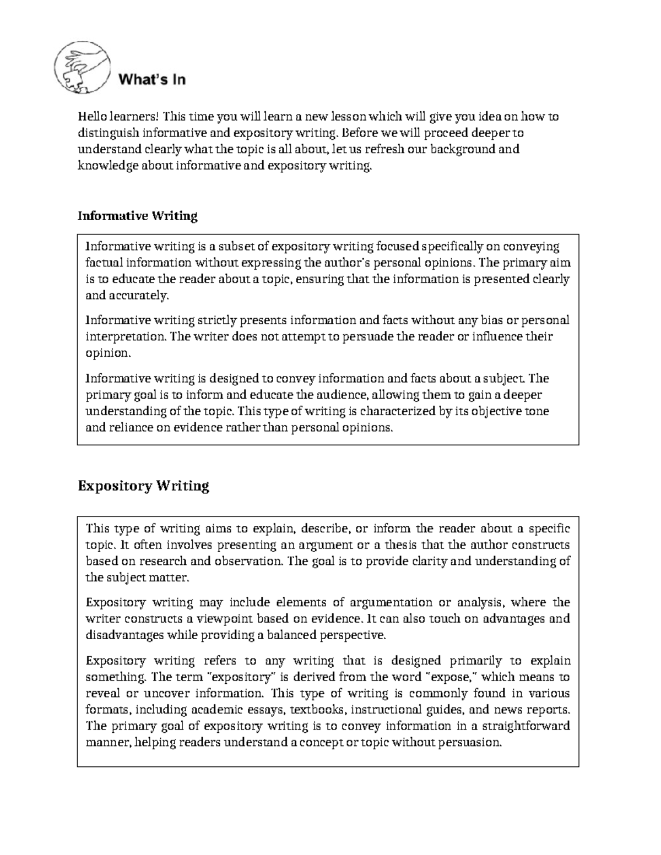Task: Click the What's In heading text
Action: (x=152, y=80)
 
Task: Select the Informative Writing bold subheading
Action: (x=137, y=216)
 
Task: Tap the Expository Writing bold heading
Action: (x=143, y=486)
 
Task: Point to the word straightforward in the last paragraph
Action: (x=525, y=727)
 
